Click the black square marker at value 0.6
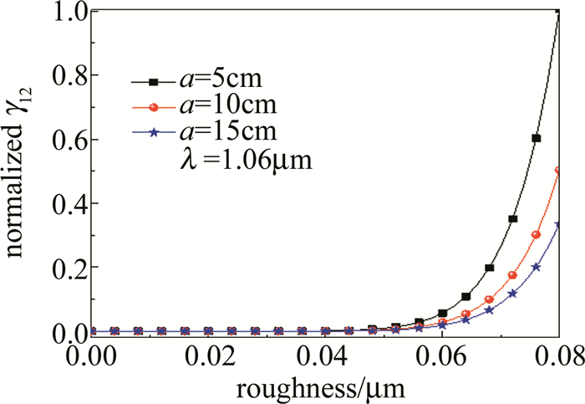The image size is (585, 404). [537, 138]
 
